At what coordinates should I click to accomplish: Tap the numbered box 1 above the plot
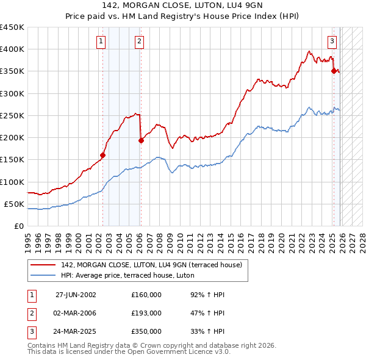pos(101,41)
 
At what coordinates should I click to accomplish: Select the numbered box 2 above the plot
pos(139,41)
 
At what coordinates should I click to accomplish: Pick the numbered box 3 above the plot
pos(332,41)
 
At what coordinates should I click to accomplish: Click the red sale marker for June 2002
pos(102,155)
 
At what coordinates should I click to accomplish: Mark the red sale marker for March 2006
pos(141,140)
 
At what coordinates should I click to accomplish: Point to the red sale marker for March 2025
pos(334,71)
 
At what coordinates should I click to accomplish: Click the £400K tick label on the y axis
pos(12,49)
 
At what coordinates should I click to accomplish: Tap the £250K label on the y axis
pos(12,115)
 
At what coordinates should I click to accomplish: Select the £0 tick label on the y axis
pos(18,226)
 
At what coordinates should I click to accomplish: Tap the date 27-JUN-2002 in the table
pos(76,295)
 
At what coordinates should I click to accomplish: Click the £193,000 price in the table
pos(146,313)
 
